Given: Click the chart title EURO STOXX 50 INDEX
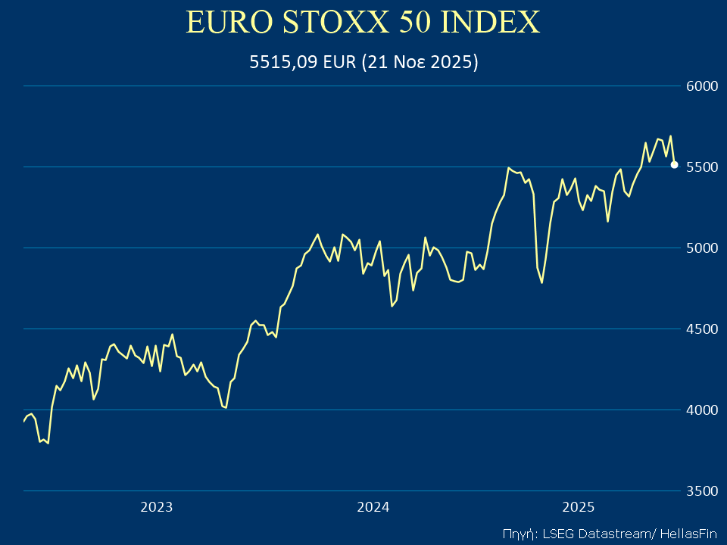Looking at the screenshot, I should click(363, 23).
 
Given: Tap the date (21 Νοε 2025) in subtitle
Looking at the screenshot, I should click(420, 63).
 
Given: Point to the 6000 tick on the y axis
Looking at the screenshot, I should click(700, 86).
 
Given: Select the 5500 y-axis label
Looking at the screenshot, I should click(700, 167).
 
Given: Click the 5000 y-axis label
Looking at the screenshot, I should click(700, 248).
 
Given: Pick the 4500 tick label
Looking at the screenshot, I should click(700, 329).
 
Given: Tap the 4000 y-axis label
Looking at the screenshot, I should click(700, 410).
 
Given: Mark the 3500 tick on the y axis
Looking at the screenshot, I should click(700, 491).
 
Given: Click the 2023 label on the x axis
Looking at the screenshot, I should click(157, 507).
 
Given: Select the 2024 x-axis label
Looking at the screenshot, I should click(373, 507).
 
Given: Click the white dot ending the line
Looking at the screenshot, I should click(674, 164).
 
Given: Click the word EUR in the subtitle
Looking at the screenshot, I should click(339, 63).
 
